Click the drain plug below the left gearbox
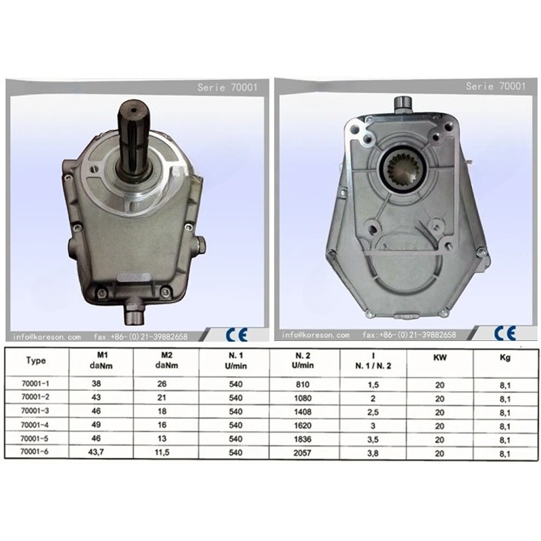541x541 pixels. point(134,312)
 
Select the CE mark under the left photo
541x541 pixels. point(237,334)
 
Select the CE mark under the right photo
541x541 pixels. point(504,333)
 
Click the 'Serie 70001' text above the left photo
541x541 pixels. point(227,87)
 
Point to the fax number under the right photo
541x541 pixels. point(409,334)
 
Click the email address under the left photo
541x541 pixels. point(47,336)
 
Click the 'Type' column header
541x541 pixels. point(36,360)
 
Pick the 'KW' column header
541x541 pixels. point(440,358)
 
